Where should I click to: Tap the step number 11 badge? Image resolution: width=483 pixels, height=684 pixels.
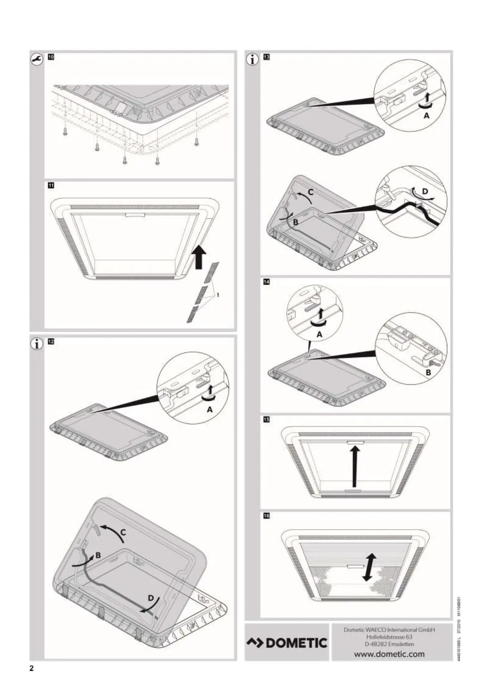coord(51,186)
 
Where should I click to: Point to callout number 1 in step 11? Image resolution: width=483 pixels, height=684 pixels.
coord(218,295)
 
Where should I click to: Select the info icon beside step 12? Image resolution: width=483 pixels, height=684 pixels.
coord(37,344)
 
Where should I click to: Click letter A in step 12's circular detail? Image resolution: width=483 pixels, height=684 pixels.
coord(210,409)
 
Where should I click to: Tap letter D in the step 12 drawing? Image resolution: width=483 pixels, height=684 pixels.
coord(151,598)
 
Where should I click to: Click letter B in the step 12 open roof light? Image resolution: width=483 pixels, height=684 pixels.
coord(98,556)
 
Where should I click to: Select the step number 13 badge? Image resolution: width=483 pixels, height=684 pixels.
coord(267,57)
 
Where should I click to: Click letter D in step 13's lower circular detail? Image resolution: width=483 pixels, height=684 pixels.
coord(425,190)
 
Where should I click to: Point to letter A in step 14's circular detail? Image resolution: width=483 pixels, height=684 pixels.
coord(319,334)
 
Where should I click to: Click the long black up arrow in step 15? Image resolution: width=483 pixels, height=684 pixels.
coord(355,465)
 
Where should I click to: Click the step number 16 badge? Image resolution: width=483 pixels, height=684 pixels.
coord(267,516)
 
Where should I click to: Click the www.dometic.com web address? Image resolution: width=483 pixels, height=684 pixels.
coord(389,654)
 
